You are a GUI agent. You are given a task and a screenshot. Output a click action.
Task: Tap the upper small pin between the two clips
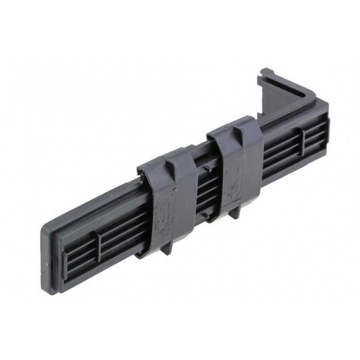tap(204, 168)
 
